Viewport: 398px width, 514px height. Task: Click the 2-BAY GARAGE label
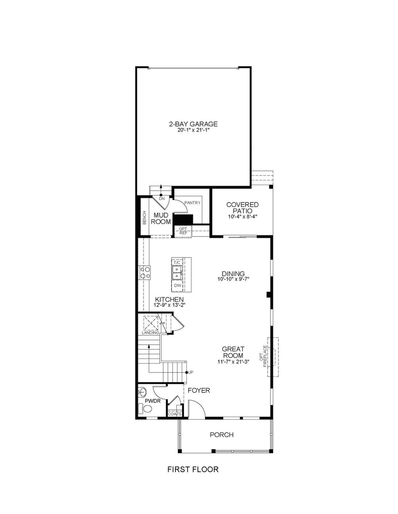pyautogui.click(x=193, y=124)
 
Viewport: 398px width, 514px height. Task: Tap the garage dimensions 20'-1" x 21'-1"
pyautogui.click(x=193, y=130)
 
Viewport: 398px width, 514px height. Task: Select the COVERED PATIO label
pyautogui.click(x=242, y=208)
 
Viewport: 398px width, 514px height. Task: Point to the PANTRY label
pyautogui.click(x=192, y=203)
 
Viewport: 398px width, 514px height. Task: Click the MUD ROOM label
pyautogui.click(x=161, y=219)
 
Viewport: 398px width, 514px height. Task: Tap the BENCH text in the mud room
pyautogui.click(x=144, y=218)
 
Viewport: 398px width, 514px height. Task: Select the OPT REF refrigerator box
pyautogui.click(x=183, y=231)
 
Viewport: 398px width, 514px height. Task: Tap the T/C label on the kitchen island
pyautogui.click(x=177, y=263)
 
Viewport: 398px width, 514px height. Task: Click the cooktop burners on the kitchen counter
pyautogui.click(x=145, y=273)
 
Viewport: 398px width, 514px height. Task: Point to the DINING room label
pyautogui.click(x=233, y=274)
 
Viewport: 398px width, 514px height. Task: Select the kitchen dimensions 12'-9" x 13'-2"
pyautogui.click(x=169, y=305)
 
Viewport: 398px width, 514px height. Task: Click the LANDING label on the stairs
pyautogui.click(x=150, y=333)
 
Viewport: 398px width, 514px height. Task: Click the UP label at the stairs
pyautogui.click(x=191, y=372)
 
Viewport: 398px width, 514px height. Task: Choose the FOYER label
pyautogui.click(x=199, y=390)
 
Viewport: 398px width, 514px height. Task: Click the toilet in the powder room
pyautogui.click(x=145, y=409)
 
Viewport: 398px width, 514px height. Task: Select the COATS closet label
pyautogui.click(x=174, y=414)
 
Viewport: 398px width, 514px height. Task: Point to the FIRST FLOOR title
pyautogui.click(x=193, y=469)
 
